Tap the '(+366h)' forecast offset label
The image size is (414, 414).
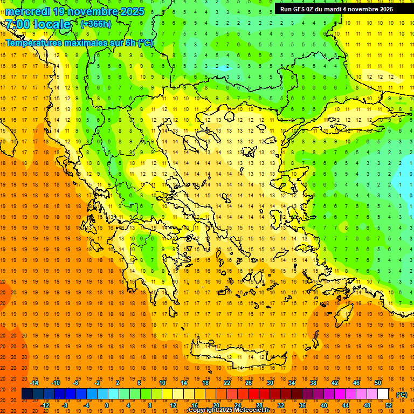point(96,24)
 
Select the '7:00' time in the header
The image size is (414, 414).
point(18,24)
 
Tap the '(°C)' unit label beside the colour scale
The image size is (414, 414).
point(401,395)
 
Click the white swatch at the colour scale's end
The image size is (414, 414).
point(383,394)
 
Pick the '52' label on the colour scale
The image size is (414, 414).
point(389,405)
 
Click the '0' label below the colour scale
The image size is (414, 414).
point(107,405)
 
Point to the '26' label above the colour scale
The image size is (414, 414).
point(249,383)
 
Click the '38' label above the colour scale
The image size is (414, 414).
point(313,383)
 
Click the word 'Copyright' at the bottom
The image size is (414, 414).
point(204,410)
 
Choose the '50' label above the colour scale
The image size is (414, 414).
point(378,383)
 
